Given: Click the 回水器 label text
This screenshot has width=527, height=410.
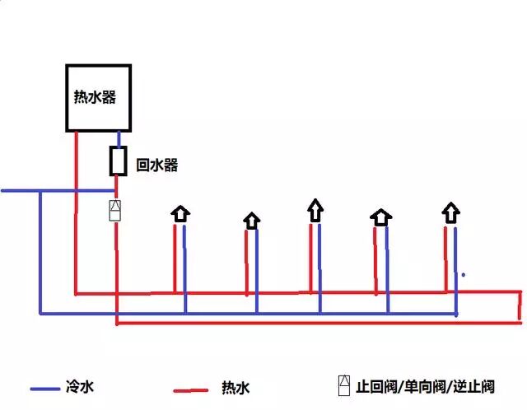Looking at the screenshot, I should pyautogui.click(x=157, y=165).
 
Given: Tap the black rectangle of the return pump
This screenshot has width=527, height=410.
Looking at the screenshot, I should pyautogui.click(x=119, y=161).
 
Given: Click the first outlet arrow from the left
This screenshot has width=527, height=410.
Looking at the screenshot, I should pyautogui.click(x=180, y=214).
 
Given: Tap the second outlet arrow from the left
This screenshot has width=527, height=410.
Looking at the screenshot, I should pyautogui.click(x=252, y=220).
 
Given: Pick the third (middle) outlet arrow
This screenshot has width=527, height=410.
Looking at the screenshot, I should pyautogui.click(x=315, y=209).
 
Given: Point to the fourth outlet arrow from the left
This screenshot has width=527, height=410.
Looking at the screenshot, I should pyautogui.click(x=380, y=217).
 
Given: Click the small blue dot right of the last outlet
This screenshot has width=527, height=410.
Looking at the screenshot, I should pyautogui.click(x=464, y=274).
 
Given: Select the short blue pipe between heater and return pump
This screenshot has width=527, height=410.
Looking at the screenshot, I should pyautogui.click(x=119, y=139).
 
